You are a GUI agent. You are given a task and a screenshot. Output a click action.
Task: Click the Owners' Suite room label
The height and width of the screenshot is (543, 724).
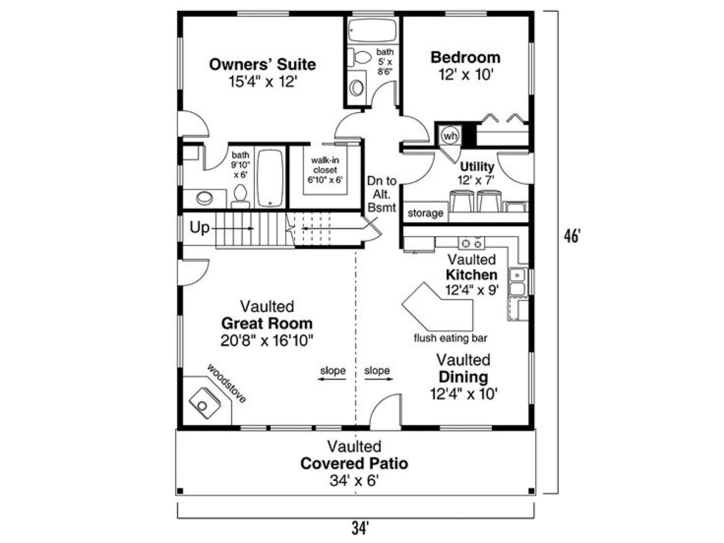click(x=262, y=64)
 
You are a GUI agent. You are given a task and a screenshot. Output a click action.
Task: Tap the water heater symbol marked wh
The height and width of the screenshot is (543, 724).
click(x=450, y=135)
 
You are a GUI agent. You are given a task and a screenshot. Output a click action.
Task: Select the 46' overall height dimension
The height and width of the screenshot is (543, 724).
click(x=572, y=236)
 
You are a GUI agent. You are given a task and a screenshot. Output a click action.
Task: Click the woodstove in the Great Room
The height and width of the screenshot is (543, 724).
click(x=205, y=403)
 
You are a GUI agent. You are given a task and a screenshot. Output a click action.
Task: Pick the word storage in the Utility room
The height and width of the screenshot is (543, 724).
click(x=425, y=213)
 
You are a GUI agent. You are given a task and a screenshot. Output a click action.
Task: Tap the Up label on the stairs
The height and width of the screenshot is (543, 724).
click(x=200, y=228)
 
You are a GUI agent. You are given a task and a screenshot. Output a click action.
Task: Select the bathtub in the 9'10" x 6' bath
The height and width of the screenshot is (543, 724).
click(x=270, y=178)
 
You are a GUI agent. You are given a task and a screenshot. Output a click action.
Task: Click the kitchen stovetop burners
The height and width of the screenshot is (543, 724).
click(x=472, y=243)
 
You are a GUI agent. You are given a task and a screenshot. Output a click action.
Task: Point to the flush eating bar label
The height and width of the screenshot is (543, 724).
click(x=451, y=338)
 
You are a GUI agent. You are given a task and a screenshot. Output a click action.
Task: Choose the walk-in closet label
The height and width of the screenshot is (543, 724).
click(x=325, y=165)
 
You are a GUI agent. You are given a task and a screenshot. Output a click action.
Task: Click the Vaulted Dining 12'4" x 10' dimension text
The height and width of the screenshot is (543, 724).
click(x=463, y=394)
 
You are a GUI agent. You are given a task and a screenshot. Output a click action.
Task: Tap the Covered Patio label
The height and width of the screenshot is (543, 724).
click(x=354, y=463)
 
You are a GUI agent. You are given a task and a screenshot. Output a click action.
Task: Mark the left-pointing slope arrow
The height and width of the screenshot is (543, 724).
click(x=332, y=379)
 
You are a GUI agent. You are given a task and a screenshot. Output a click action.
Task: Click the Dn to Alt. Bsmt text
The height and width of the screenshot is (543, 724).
click(x=381, y=194)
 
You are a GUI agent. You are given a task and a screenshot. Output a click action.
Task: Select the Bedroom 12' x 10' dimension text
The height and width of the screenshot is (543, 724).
click(x=466, y=75)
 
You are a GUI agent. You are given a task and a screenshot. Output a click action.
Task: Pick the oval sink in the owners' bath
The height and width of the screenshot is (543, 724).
click(x=205, y=198)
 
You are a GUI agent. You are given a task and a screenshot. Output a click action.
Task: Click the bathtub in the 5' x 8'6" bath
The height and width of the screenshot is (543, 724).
click(x=372, y=30)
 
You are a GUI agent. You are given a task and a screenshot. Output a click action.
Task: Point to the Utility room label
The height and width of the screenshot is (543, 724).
click(x=477, y=167)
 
